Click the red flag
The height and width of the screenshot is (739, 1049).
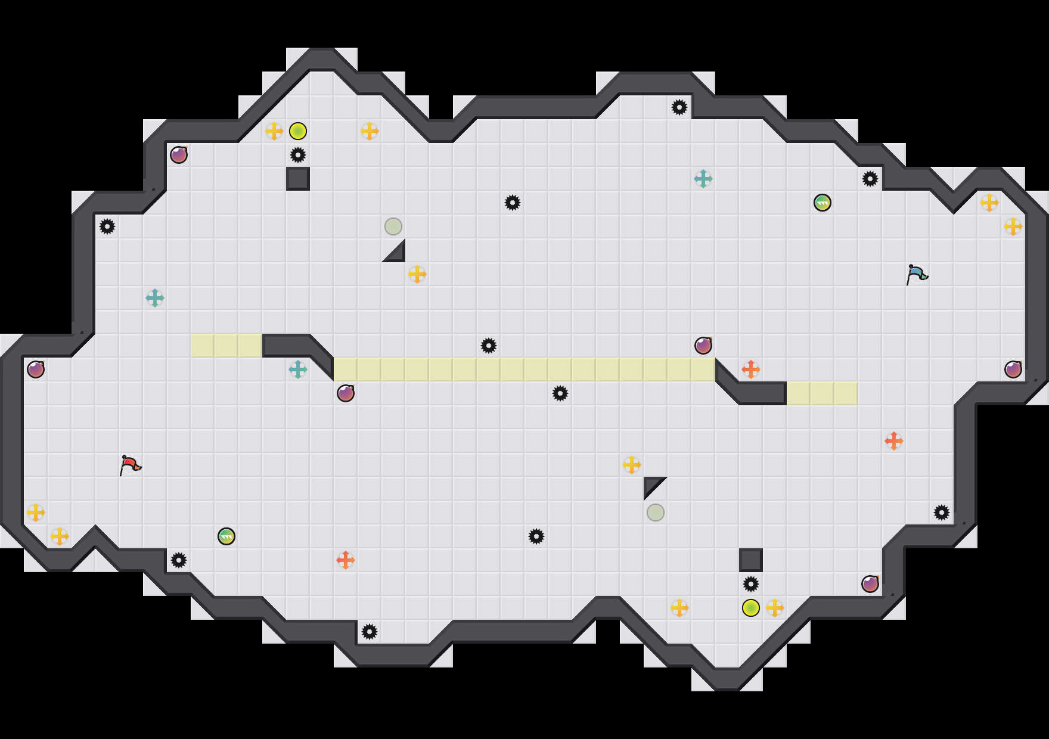pos(130,465)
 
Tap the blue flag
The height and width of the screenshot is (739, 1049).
pos(917,274)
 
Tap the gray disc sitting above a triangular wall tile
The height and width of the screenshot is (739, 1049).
pos(393,226)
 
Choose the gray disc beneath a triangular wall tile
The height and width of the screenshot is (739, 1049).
pos(656,513)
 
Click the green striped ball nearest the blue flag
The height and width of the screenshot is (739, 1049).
pos(823,203)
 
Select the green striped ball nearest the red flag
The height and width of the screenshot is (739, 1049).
pos(226,536)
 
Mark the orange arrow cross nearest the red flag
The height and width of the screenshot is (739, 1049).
pos(346,560)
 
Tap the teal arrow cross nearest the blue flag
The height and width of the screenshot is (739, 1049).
pos(703,179)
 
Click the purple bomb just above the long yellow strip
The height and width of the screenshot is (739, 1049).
pos(703,346)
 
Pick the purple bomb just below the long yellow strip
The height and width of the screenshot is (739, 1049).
pos(346,393)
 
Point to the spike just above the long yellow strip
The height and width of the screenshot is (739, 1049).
pos(489,346)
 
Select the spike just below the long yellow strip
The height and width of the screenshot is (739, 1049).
pos(560,393)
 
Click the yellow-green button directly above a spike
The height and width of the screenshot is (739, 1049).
pos(298,131)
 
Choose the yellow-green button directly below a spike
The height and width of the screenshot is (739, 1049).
pos(751,608)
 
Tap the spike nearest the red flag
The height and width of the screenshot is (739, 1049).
pos(179,560)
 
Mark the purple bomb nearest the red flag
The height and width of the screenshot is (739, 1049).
pos(36,369)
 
